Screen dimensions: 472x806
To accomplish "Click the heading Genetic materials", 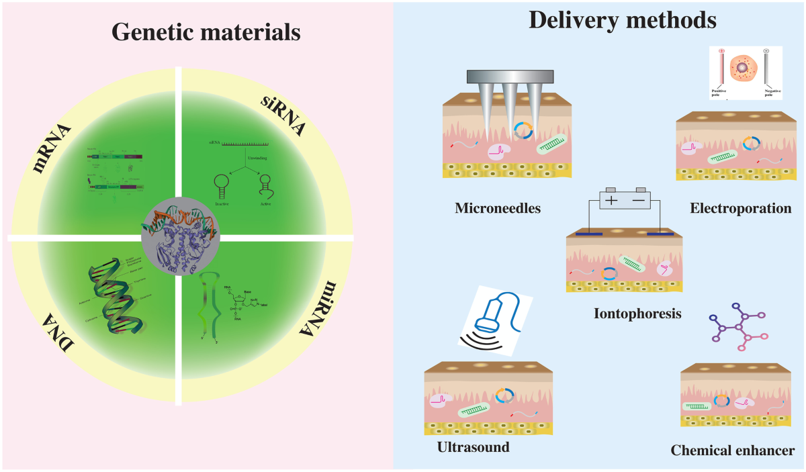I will click(x=206, y=31).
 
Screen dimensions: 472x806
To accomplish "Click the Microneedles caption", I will click(x=498, y=209).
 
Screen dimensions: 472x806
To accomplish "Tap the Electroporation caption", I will click(x=740, y=209).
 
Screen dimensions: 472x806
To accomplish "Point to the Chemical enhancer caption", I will click(x=733, y=450).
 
